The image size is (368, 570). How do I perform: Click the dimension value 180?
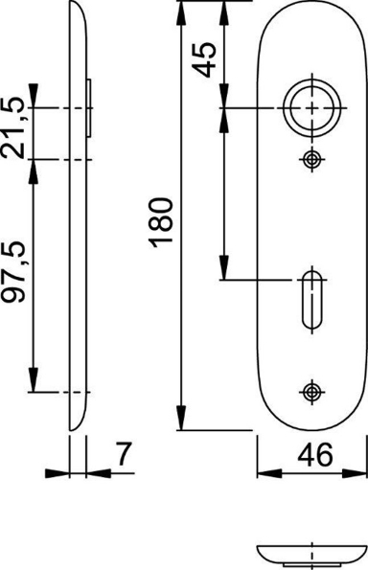point(162,221)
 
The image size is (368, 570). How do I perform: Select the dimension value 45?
point(203,65)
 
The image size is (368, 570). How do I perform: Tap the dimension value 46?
point(310,456)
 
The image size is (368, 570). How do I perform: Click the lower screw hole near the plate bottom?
point(309,391)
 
